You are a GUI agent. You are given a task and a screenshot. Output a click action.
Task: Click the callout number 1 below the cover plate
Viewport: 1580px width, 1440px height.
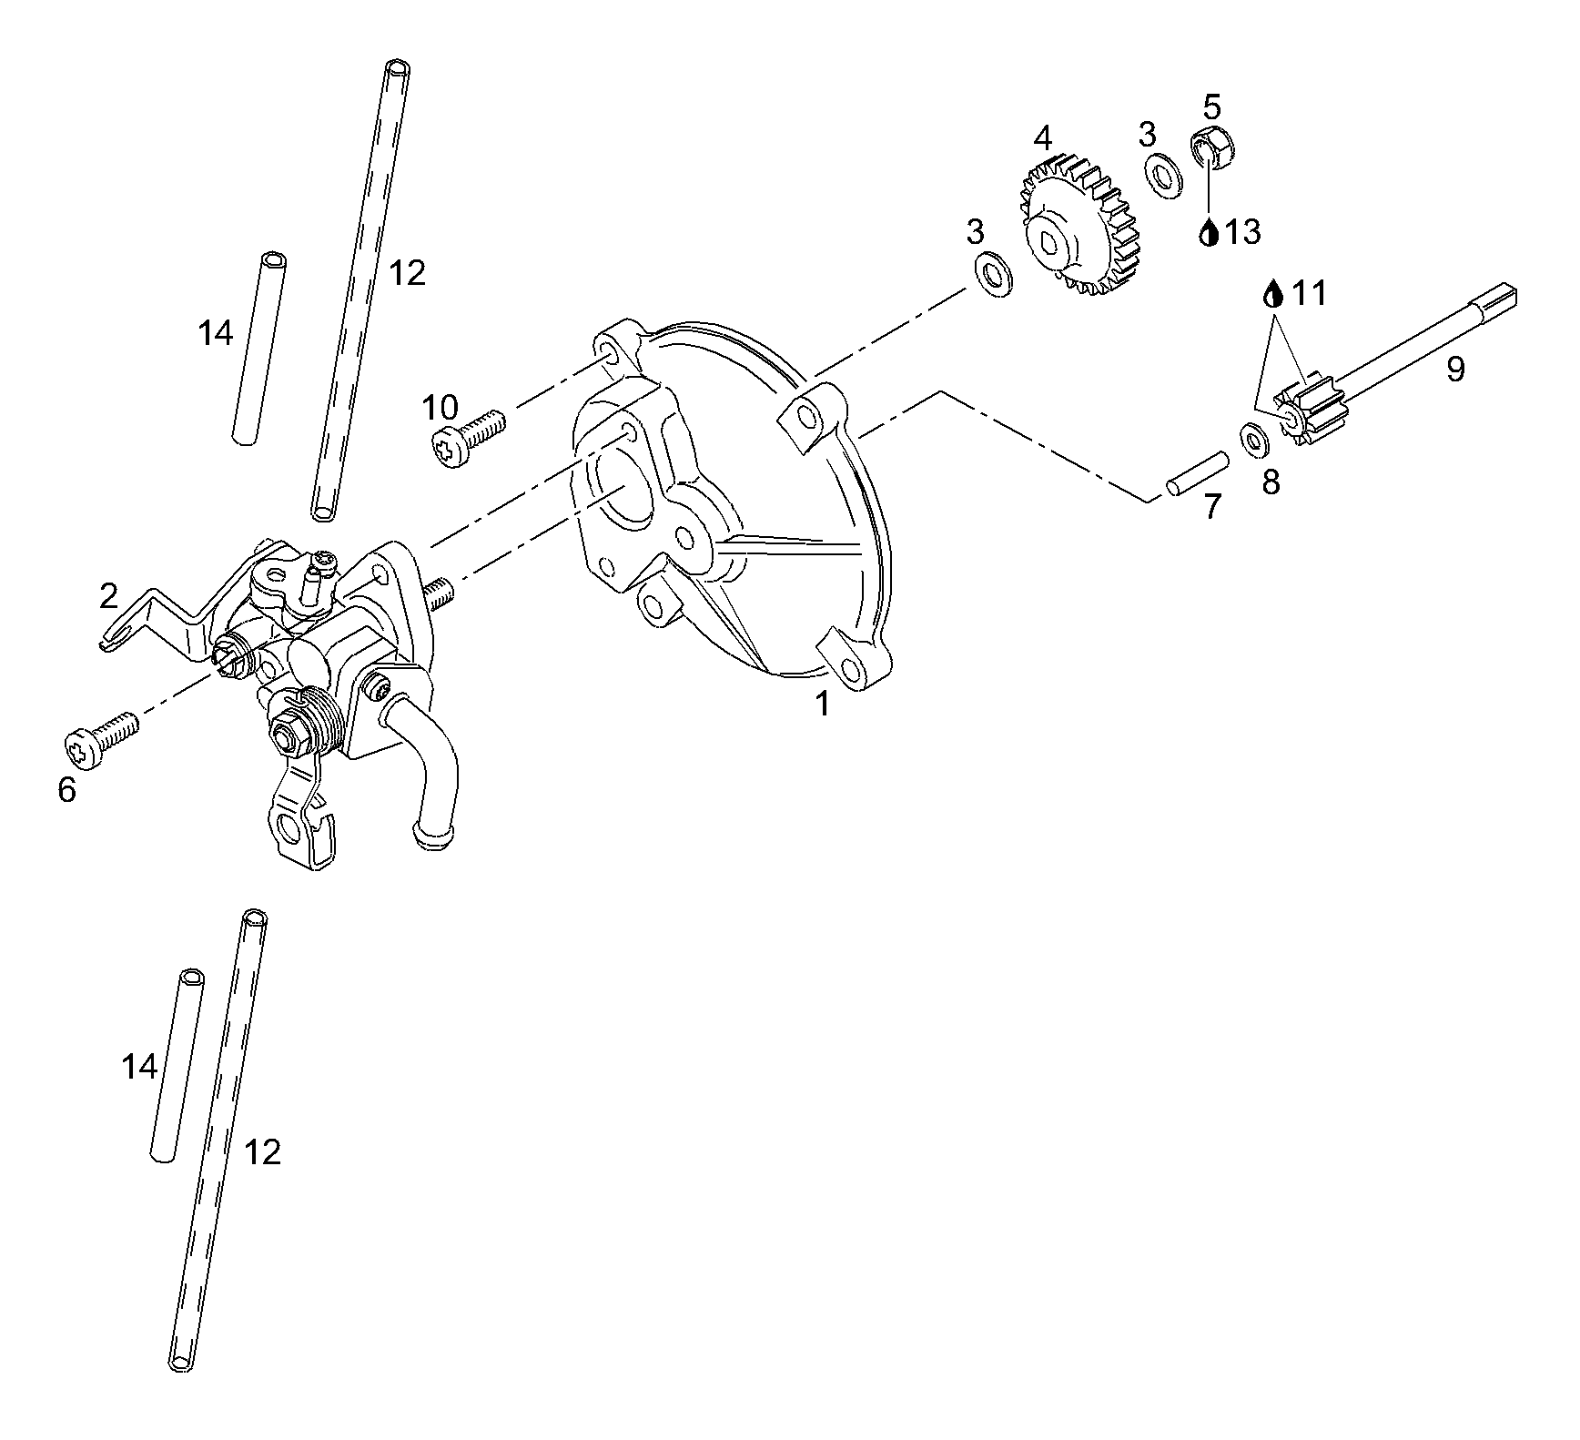822,704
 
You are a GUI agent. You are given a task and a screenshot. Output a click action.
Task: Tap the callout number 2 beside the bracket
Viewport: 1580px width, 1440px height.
108,596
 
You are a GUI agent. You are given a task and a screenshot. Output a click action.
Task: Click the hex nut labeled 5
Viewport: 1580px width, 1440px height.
1212,146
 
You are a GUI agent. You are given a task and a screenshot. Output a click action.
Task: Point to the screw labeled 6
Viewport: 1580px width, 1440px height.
102,737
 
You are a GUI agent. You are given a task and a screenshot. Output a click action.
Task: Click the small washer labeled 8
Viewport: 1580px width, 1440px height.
1255,441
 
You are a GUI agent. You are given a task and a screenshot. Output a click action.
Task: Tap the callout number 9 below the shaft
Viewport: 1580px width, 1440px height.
1455,369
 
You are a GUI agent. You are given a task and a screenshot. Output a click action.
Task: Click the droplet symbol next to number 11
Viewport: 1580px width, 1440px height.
1274,294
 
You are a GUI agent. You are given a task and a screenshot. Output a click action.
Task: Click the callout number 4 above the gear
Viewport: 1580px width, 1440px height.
1042,138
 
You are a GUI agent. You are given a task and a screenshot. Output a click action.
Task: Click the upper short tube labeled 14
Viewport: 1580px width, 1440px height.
258,349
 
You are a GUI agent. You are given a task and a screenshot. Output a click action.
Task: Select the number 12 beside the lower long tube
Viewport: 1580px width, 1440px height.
263,1152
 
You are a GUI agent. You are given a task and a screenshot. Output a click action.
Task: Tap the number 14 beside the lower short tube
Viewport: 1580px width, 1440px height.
139,1066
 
